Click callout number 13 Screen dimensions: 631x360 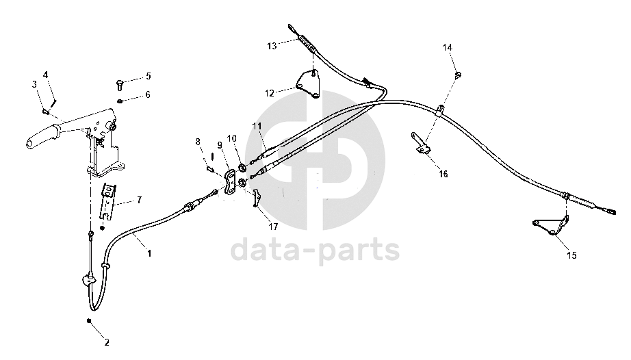coord(272,46)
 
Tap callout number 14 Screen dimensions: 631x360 coord(448,48)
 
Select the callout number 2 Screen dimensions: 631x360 coord(106,342)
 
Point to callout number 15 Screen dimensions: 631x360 coord(571,255)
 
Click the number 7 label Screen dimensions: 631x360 coord(139,200)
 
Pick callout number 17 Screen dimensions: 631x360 coord(273,226)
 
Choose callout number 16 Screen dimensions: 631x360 coord(443,174)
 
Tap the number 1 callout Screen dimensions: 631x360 coord(149,253)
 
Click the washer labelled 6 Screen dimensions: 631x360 coord(120,101)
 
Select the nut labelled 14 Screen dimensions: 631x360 coord(457,74)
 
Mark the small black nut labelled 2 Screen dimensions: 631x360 coord(89,321)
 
